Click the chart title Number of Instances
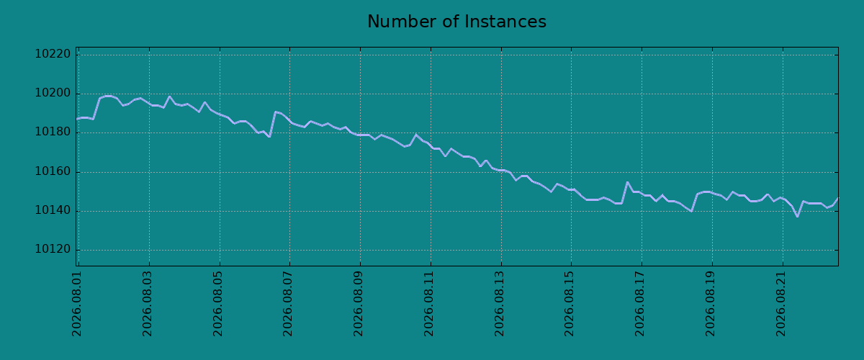pos(456,22)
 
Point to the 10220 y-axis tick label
pos(53,54)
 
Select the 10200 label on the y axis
pos(53,93)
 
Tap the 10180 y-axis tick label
pos(53,132)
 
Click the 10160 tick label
pos(53,171)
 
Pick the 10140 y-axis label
pos(53,210)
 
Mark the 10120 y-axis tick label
pos(53,249)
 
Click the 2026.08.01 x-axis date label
pos(77,304)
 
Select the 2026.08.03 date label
pos(148,304)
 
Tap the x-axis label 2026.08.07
pos(288,304)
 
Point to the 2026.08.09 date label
pos(359,304)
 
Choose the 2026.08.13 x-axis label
pos(499,304)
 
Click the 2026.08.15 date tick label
pos(570,304)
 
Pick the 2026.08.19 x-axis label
pos(710,304)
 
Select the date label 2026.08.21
pos(780,304)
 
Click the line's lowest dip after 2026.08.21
pos(797,217)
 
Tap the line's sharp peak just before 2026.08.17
pos(627,182)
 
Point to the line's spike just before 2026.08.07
pos(275,112)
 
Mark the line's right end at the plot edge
pos(838,198)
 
